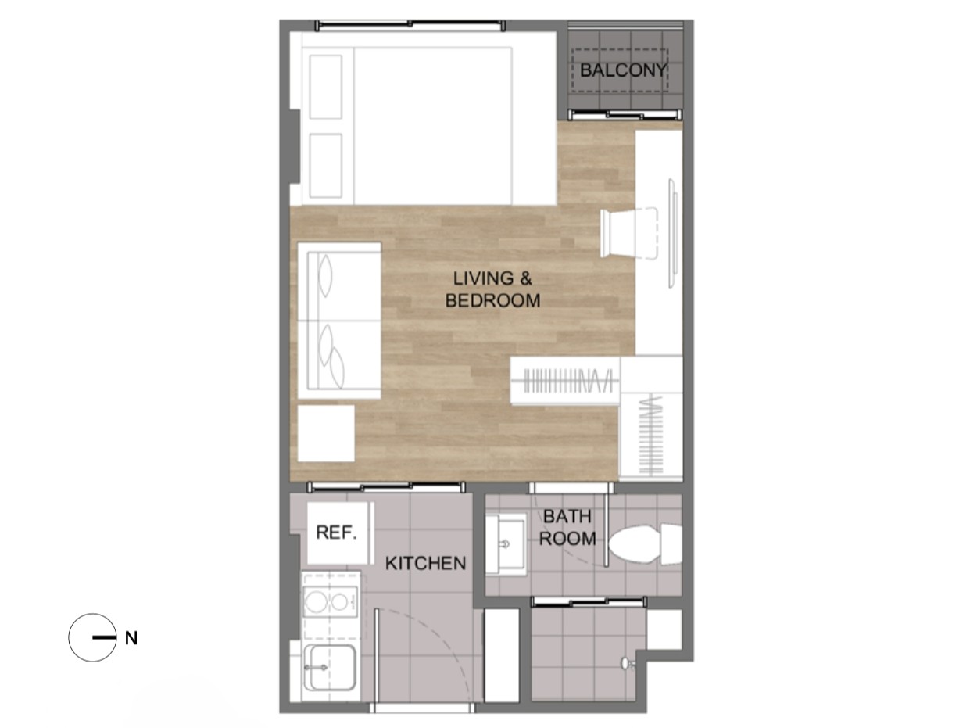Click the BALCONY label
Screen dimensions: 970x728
[x=622, y=70]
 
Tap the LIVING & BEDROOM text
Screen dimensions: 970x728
[x=492, y=289]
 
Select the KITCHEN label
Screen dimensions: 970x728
[x=425, y=563]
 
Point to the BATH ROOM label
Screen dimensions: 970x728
[x=567, y=527]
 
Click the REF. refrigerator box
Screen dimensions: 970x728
[x=339, y=533]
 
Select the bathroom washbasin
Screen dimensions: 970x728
[x=506, y=543]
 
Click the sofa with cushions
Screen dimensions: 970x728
[x=339, y=321]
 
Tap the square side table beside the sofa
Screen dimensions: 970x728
[x=326, y=433]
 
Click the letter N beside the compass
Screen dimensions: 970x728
[x=131, y=638]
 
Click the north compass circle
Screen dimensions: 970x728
[x=92, y=637]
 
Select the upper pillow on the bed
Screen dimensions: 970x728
[x=326, y=87]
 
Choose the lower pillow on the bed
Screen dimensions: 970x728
[x=326, y=166]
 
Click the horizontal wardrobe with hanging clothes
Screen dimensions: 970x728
[x=565, y=381]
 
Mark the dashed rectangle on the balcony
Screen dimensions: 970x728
[x=620, y=70]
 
